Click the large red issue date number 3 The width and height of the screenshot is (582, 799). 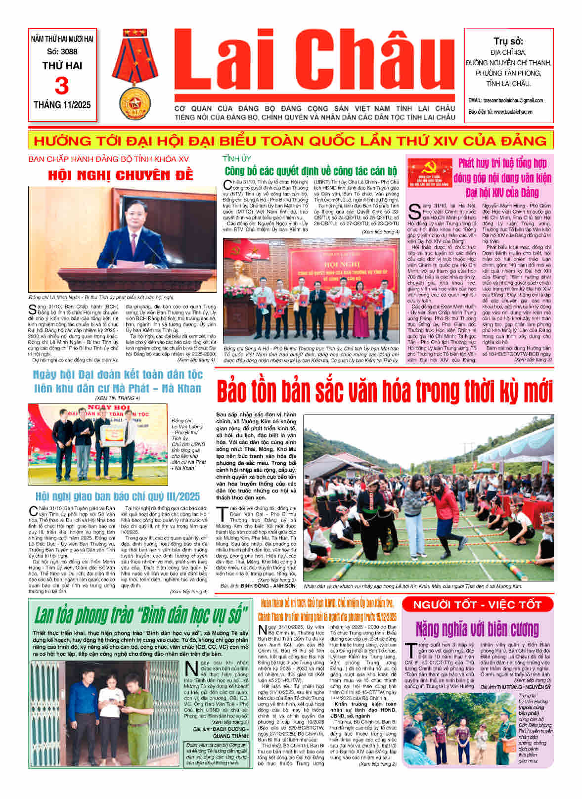(x=62, y=86)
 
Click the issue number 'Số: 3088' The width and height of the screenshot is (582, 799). (x=62, y=51)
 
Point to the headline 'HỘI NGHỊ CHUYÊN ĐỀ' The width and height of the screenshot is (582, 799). (x=120, y=176)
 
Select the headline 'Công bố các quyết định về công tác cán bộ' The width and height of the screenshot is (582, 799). (x=311, y=171)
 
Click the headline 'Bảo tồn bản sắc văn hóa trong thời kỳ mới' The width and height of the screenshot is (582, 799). (x=384, y=391)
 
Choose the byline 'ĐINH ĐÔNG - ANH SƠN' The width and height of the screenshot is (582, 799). (x=268, y=586)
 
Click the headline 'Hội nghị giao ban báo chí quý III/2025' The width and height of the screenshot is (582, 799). (x=117, y=496)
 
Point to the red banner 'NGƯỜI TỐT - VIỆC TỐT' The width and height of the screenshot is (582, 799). (x=477, y=604)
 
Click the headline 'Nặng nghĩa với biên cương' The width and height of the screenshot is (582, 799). (x=477, y=629)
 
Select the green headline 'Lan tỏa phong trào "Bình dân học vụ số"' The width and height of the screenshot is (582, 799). (x=140, y=616)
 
